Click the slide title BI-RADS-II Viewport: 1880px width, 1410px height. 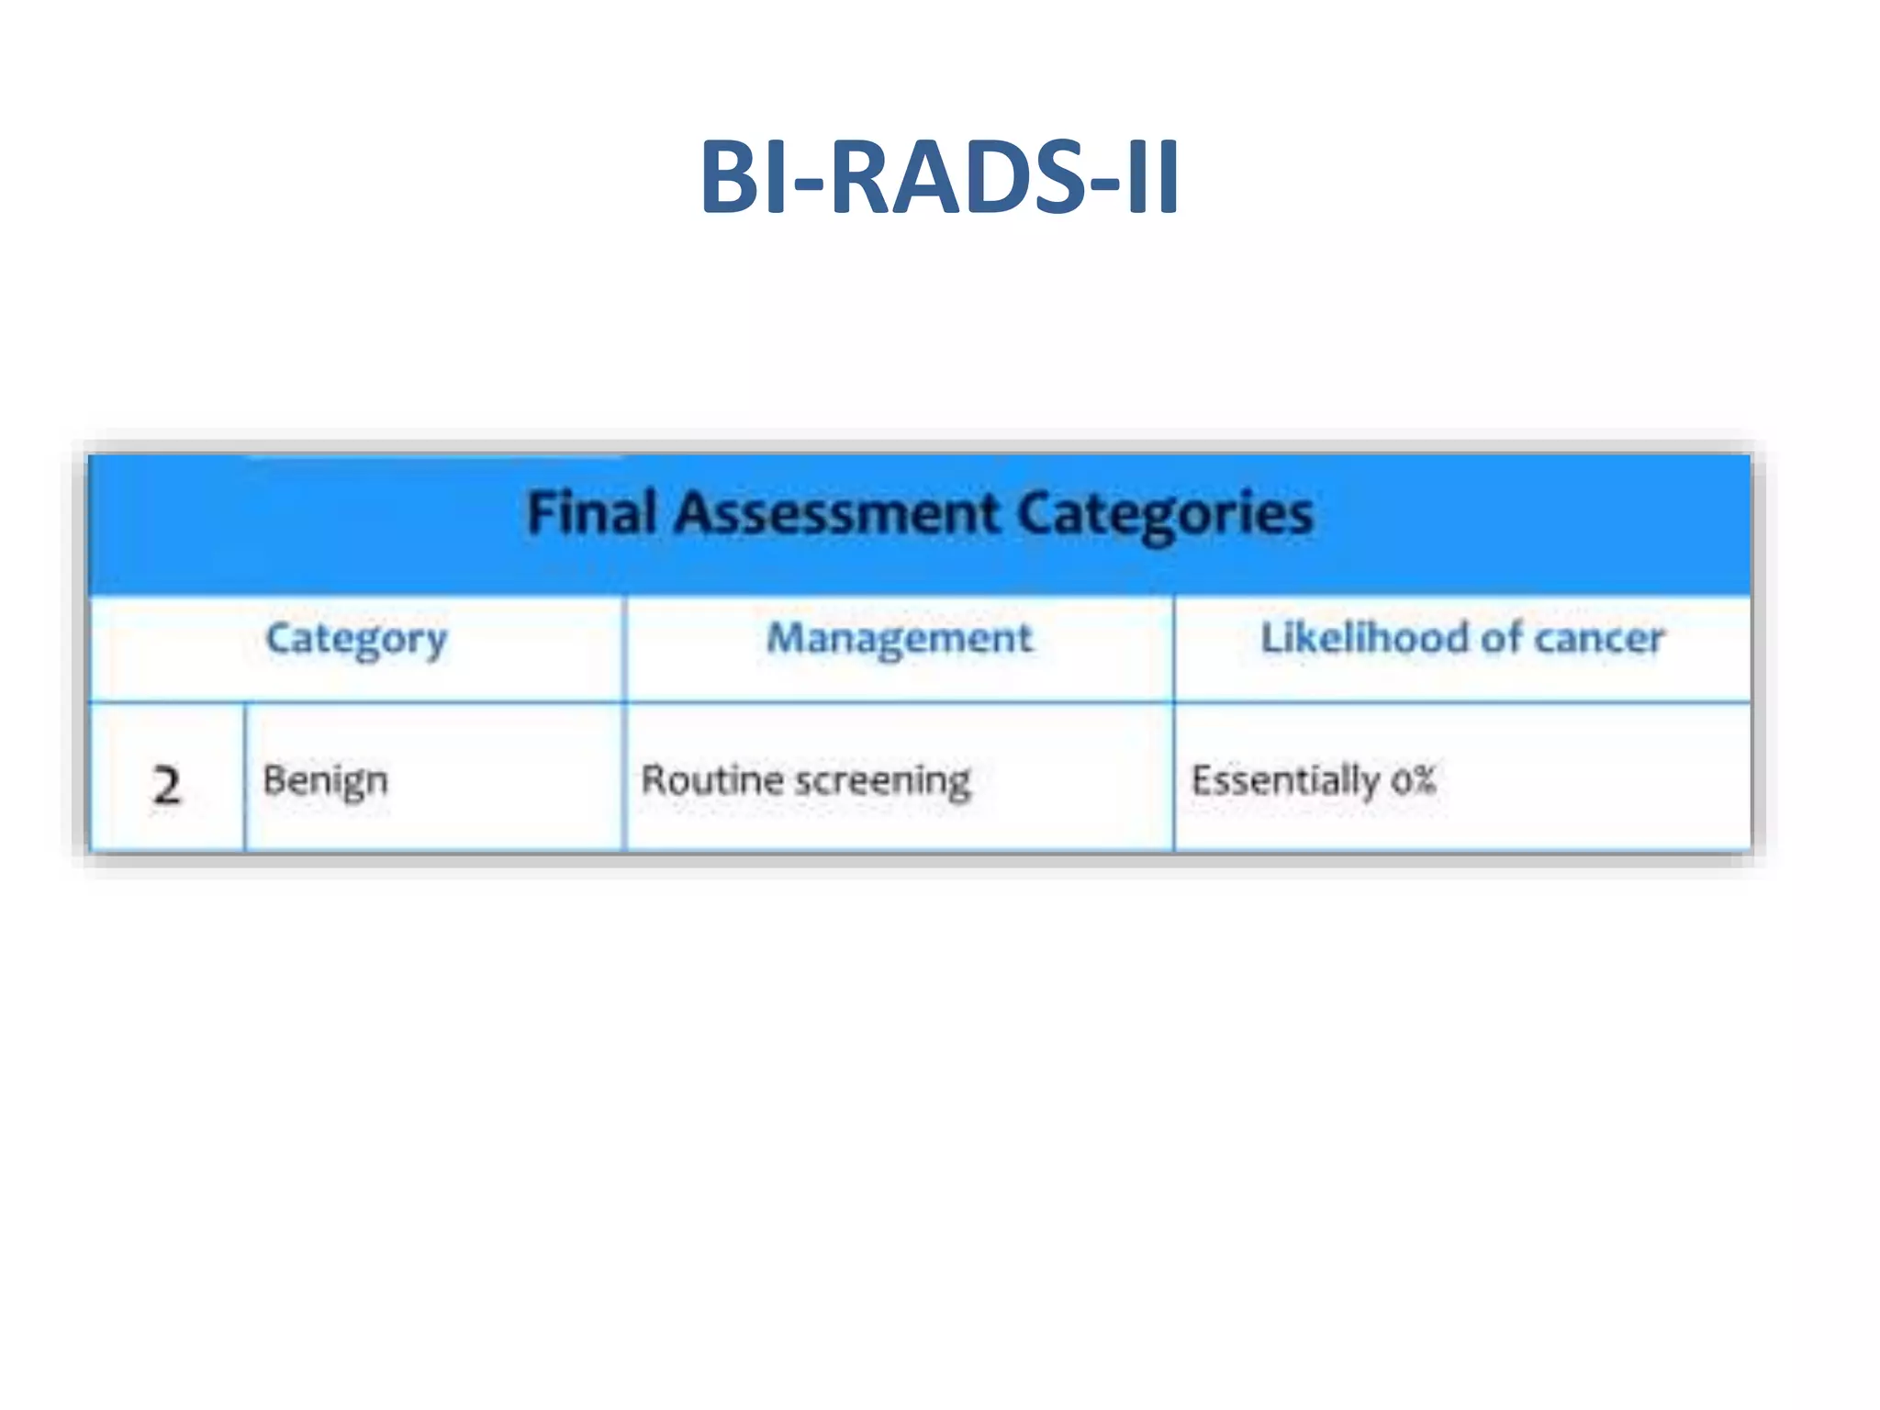point(939,176)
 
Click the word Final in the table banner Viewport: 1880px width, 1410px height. point(591,512)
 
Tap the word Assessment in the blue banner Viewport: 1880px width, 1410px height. point(836,512)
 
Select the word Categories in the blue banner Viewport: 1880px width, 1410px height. point(1165,514)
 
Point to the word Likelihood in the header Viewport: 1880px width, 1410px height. point(1364,637)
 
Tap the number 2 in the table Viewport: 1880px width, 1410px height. point(166,786)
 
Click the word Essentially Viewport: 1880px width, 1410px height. point(1284,781)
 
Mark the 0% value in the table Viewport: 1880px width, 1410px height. point(1412,779)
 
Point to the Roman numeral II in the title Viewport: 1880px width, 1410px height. point(1151,176)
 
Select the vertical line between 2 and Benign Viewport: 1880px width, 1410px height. point(245,777)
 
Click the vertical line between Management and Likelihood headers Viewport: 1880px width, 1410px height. point(1173,648)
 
